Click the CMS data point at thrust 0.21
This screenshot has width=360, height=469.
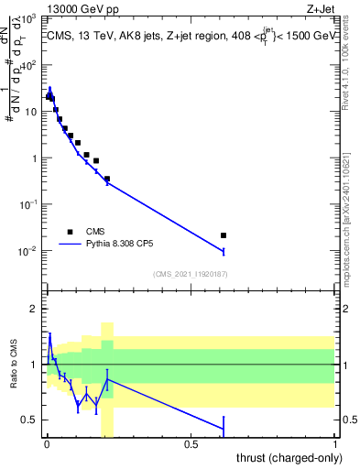click(x=107, y=179)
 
